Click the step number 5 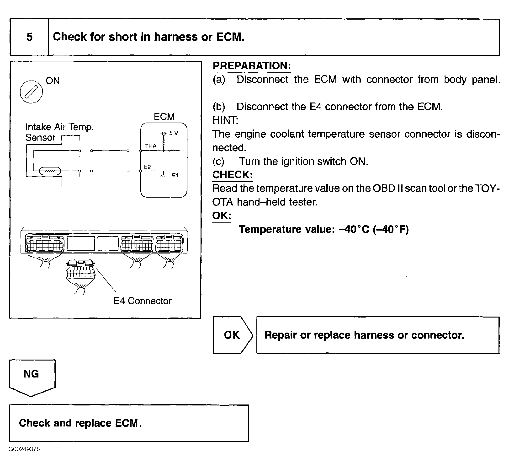(x=29, y=37)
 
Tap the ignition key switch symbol (x=31, y=92)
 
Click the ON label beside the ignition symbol (x=53, y=81)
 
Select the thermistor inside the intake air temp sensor (x=50, y=171)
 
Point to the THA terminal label (x=151, y=146)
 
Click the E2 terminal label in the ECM (x=147, y=167)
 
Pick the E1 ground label (x=175, y=175)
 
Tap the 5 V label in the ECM (x=174, y=133)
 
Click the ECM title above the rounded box (x=164, y=117)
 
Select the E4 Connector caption (x=143, y=301)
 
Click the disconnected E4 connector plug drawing (x=80, y=270)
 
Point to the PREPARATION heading (x=252, y=66)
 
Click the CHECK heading (x=232, y=175)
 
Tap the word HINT (x=225, y=120)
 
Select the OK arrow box (x=232, y=335)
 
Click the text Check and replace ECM (x=80, y=423)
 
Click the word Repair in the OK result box (x=281, y=335)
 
